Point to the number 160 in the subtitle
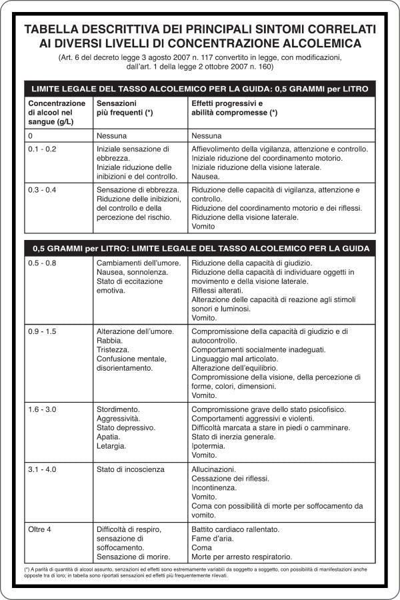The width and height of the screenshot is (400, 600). coord(264,67)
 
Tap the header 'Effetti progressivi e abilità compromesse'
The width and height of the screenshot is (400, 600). coord(234,109)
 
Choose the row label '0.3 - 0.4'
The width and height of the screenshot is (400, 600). coord(42,190)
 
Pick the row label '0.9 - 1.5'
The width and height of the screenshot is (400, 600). coord(42,331)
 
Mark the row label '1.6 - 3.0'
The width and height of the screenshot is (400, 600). coord(42,409)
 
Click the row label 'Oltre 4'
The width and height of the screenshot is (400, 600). coord(40,529)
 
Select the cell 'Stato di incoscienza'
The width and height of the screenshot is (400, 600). coord(130,469)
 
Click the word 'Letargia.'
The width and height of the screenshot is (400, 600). coord(111,446)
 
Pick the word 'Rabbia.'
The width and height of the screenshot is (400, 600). coord(109,341)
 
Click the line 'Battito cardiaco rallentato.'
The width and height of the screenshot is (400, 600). coord(235,529)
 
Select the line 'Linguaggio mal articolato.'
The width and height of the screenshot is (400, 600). coord(235,359)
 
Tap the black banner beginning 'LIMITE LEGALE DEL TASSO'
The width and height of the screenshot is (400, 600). coord(200,88)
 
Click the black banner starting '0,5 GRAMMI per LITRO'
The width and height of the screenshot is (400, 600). coord(200,249)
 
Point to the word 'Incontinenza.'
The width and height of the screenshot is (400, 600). coord(214,488)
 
